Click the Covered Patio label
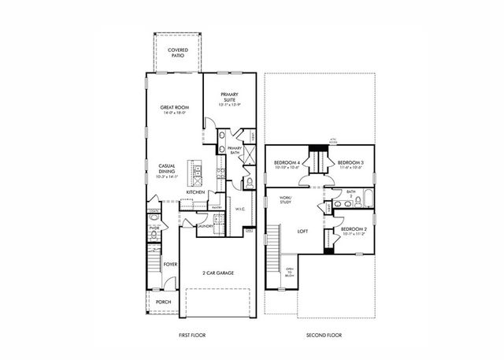[x=178, y=53]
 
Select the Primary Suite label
[x=229, y=97]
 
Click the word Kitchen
[x=195, y=191]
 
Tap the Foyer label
[x=170, y=264]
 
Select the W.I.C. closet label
[x=242, y=209]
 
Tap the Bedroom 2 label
[x=353, y=232]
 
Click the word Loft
[x=302, y=232]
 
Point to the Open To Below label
[x=289, y=273]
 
